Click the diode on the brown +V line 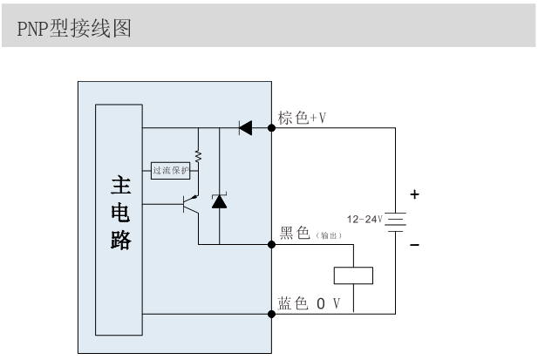click(245, 128)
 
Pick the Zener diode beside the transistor click(219, 202)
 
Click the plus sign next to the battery click(414, 194)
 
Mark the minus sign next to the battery click(414, 247)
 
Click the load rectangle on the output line click(353, 275)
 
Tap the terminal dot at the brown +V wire click(272, 128)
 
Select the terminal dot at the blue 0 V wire click(272, 313)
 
